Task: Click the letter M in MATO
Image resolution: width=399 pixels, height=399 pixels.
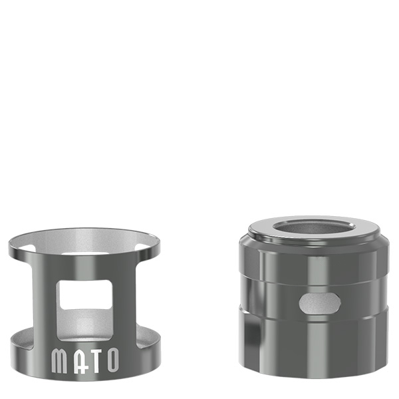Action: coord(59,360)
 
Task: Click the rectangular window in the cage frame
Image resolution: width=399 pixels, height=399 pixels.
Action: coord(84,295)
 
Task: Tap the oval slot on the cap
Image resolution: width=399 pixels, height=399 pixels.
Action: coord(319,304)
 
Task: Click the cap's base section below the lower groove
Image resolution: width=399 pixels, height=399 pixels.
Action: coord(313,346)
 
